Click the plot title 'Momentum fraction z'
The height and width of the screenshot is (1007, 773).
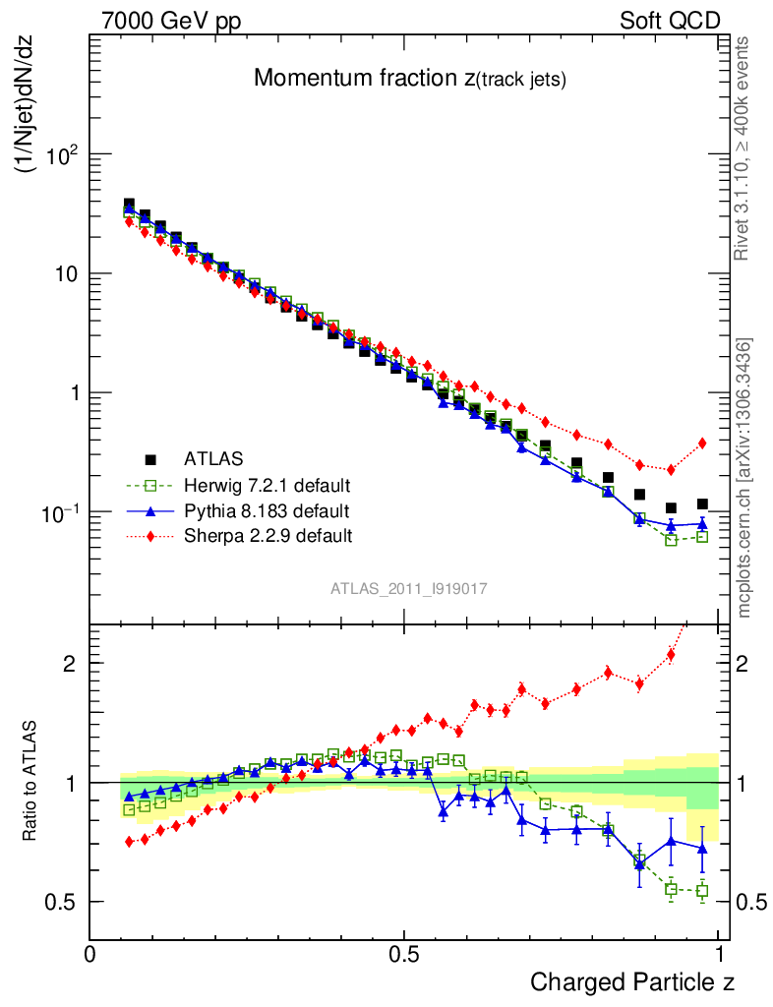pyautogui.click(x=409, y=79)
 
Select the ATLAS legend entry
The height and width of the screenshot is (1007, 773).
pyautogui.click(x=211, y=459)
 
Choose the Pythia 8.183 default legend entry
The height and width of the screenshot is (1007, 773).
pyautogui.click(x=267, y=510)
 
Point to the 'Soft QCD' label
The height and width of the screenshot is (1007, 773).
pyautogui.click(x=670, y=21)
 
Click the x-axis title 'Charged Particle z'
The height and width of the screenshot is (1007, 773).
pyautogui.click(x=632, y=981)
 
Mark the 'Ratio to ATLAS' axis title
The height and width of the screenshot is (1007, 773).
pyautogui.click(x=30, y=783)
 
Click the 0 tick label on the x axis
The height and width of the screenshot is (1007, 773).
pyautogui.click(x=89, y=955)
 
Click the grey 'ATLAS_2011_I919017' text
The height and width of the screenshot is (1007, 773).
pyautogui.click(x=409, y=588)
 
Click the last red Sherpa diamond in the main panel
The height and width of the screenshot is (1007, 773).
pyautogui.click(x=702, y=444)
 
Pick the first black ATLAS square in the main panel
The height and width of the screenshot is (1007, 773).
pyautogui.click(x=129, y=205)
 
